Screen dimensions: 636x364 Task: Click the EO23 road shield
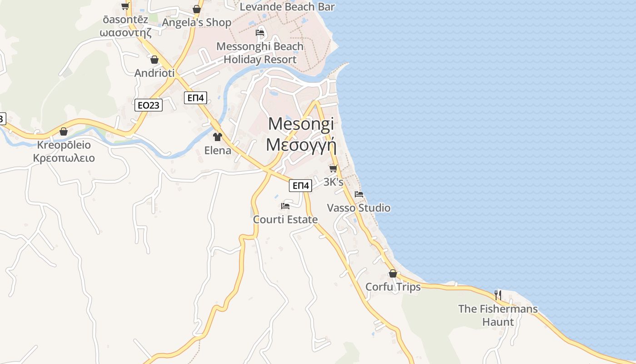(x=149, y=105)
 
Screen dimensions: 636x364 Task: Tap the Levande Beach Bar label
(x=287, y=7)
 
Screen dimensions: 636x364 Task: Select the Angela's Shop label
(x=197, y=22)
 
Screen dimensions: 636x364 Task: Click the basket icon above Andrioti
(x=154, y=60)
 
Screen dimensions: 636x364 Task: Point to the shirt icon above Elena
(x=217, y=136)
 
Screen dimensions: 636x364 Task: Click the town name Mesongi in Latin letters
(x=301, y=124)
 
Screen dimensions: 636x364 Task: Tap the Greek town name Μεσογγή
(x=301, y=145)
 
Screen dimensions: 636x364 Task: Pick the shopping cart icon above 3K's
(x=333, y=168)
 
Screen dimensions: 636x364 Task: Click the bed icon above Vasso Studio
(x=359, y=194)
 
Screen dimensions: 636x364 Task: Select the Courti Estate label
(x=285, y=220)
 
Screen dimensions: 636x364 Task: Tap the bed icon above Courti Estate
(x=285, y=206)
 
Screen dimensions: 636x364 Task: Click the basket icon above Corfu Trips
(x=393, y=273)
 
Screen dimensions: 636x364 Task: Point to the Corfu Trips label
(x=393, y=287)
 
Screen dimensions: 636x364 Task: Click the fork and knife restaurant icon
(x=498, y=295)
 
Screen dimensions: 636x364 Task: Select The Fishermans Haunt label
(x=498, y=315)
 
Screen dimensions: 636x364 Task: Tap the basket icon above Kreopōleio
(x=64, y=131)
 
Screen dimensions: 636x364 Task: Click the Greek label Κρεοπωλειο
(x=64, y=158)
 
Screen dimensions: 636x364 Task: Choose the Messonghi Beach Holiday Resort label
(x=260, y=53)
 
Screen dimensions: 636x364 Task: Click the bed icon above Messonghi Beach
(x=260, y=32)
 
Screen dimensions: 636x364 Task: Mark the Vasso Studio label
(x=359, y=208)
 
